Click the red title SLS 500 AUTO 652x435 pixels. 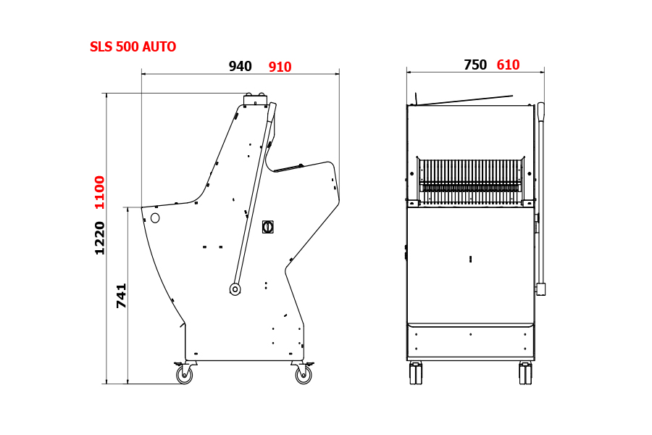coord(133,46)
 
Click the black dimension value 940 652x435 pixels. coord(241,66)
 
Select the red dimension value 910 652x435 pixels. coord(280,67)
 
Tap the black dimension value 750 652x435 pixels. coord(475,65)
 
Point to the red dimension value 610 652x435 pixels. coord(508,65)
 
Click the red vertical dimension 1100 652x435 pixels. coord(100,192)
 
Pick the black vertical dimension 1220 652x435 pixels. coord(100,238)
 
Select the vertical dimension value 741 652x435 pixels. coord(121,296)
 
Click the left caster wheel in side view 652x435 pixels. coord(184,373)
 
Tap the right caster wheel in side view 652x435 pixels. coord(303,373)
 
